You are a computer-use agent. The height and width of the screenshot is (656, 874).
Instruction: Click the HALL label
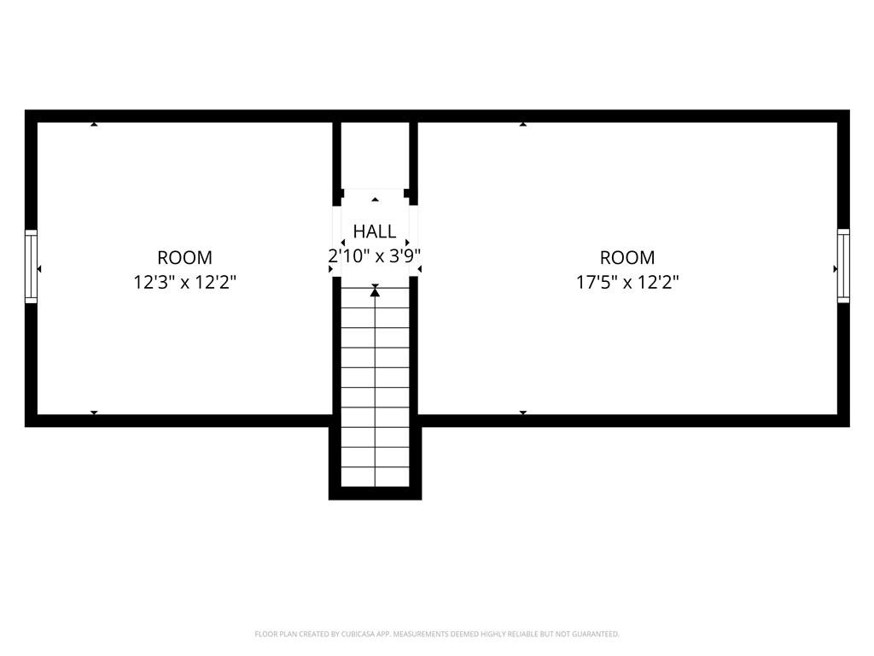pos(375,231)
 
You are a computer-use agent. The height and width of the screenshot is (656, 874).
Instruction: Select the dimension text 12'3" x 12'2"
pos(184,282)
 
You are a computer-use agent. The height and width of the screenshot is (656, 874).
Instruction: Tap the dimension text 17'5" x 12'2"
pos(627,282)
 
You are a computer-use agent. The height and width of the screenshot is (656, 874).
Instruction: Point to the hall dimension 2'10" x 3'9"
pos(375,255)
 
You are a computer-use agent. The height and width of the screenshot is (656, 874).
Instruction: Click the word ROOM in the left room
pos(184,257)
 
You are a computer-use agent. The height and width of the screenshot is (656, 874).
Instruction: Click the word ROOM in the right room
pos(627,257)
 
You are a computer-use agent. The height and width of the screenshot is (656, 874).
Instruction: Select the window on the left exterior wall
pos(31,266)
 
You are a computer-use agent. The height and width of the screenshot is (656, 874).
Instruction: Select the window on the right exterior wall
pos(843,266)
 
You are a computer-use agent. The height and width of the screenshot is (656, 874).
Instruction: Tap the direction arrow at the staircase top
pos(375,293)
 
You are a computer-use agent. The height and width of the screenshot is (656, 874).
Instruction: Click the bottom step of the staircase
pos(375,477)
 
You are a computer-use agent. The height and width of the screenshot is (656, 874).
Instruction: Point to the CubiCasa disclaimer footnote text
pos(437,634)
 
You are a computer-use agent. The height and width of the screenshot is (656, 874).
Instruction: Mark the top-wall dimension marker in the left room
pos(94,125)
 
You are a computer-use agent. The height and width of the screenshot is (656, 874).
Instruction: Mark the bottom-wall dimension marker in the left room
pos(94,413)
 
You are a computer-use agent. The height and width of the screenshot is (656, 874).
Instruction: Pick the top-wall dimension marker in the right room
pos(523,125)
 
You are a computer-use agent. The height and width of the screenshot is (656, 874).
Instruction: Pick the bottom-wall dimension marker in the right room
pos(523,413)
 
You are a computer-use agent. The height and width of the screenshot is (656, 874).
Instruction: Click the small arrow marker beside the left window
pos(39,269)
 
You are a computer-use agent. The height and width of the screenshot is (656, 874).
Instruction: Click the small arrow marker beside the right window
pos(835,269)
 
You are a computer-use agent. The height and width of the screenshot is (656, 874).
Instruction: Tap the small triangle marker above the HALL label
pos(375,200)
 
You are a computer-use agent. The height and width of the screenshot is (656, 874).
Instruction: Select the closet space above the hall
pos(375,155)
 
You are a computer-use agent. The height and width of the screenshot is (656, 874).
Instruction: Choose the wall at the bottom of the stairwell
pos(375,494)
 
